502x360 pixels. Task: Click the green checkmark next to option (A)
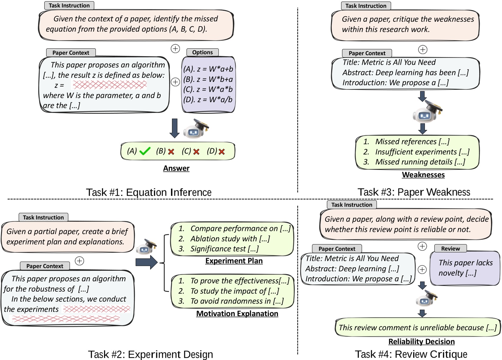click(145, 151)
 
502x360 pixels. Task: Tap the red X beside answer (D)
click(222, 152)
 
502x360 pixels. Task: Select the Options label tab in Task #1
click(202, 53)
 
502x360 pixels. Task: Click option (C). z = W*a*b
click(208, 89)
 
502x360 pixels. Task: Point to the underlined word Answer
click(176, 168)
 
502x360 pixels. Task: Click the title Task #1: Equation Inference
click(149, 192)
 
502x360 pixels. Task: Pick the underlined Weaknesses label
click(423, 175)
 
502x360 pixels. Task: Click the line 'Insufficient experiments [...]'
click(422, 152)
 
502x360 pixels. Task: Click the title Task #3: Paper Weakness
click(413, 192)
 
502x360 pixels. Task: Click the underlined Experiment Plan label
click(234, 261)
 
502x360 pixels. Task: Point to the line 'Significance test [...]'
click(224, 249)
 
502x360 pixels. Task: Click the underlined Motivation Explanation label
click(237, 313)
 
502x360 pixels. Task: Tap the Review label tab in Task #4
click(450, 249)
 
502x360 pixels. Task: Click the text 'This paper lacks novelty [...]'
click(465, 268)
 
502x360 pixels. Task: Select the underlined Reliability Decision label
click(421, 342)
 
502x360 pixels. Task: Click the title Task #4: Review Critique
click(411, 354)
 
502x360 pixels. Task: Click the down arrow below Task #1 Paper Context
click(174, 128)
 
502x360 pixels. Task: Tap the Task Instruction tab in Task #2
click(43, 217)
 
